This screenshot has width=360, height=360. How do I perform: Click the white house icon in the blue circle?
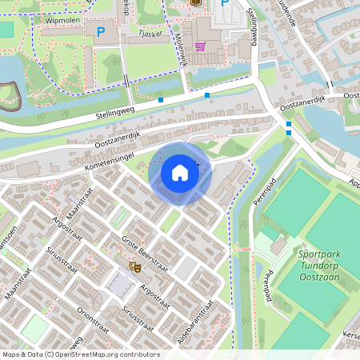coord(180,173)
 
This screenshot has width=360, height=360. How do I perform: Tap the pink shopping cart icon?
coord(200,46)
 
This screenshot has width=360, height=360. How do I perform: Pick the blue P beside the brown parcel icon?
coord(224,4)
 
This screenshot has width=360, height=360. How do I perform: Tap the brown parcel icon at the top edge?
coord(197,2)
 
